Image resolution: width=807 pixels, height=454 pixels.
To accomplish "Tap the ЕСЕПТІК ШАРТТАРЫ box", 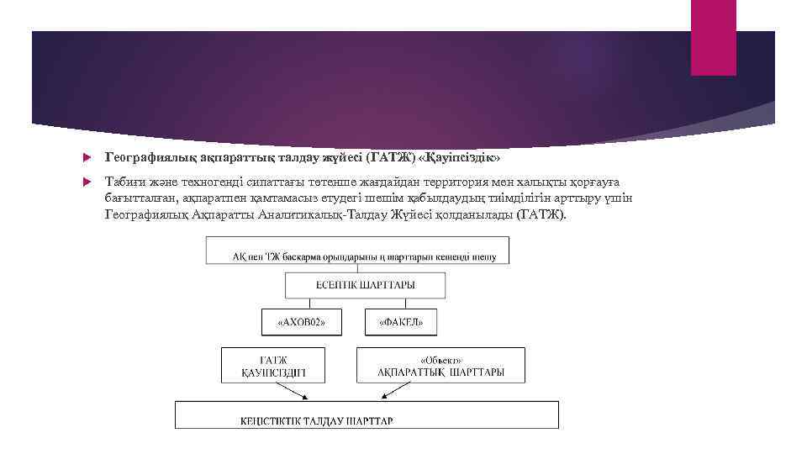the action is pos(364,286).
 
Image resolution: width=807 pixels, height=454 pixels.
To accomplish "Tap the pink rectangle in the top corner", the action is pos(713,37).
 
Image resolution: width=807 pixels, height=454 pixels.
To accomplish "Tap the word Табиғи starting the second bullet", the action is pos(123,182).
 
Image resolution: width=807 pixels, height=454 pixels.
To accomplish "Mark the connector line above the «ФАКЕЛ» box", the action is pos(395,304).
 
